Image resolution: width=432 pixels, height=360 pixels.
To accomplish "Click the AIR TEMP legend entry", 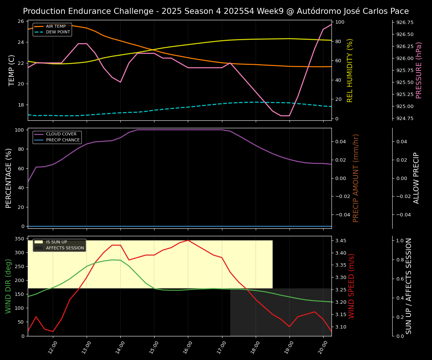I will tap(55, 27).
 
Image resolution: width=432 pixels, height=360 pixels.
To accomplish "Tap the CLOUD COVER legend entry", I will tap(61, 134).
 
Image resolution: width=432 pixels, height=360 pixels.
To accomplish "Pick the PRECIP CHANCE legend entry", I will tap(63, 140).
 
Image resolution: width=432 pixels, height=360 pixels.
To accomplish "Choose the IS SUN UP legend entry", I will tap(56, 242).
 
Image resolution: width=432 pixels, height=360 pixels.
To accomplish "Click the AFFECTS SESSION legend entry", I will tap(65, 248).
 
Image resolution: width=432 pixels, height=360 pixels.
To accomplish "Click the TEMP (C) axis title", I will tap(12, 70).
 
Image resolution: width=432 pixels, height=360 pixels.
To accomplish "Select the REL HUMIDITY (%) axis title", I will tap(350, 70).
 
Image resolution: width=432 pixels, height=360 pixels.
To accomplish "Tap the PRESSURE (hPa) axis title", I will tap(418, 70).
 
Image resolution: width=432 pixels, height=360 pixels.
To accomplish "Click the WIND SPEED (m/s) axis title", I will tap(351, 286).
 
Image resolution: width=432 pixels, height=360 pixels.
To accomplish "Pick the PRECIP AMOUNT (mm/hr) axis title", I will tap(356, 178).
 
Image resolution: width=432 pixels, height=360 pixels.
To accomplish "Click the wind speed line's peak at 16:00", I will tap(188, 240).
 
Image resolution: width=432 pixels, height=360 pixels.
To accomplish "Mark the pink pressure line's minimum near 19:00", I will tap(285, 115).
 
